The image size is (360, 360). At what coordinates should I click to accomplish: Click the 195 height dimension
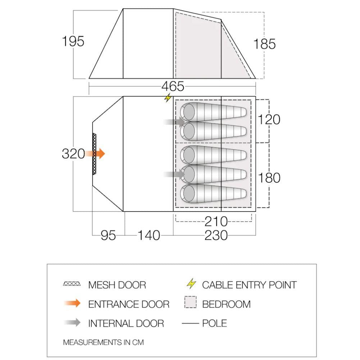coord(73,41)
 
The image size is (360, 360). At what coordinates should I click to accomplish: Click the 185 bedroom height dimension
coord(264,44)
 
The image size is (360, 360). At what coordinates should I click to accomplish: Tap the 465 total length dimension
coord(173,86)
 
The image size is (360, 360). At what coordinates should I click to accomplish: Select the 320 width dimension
coord(73,154)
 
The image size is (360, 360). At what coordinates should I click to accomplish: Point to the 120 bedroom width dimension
coord(269,119)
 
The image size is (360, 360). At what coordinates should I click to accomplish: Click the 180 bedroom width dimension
coord(269,178)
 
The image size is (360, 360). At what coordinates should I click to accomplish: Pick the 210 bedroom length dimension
coord(216,222)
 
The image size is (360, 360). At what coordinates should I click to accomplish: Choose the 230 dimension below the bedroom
coord(216,235)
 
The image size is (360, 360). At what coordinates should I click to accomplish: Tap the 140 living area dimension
coord(149,235)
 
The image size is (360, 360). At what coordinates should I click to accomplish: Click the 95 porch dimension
coord(108,235)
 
